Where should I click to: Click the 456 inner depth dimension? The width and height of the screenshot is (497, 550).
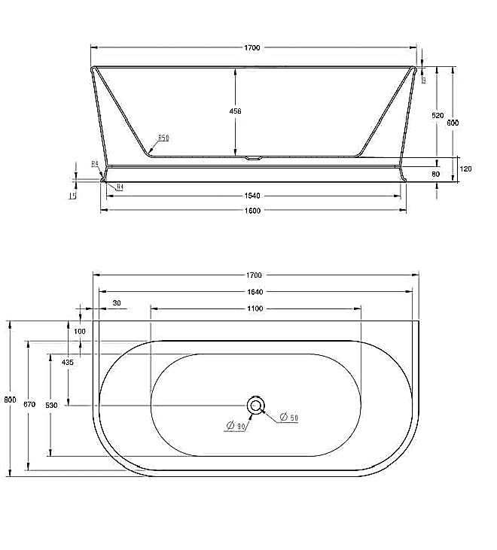(235, 111)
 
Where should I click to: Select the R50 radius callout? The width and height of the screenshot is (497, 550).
(163, 138)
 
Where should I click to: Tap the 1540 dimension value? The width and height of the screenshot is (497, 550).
(252, 196)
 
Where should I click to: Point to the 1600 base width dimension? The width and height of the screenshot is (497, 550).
(252, 211)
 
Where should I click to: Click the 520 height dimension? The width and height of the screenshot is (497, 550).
(438, 116)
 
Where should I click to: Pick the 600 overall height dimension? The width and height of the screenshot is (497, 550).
(453, 123)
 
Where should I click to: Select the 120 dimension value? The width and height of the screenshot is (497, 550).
(465, 169)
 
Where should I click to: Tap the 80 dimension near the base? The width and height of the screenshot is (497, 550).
(436, 175)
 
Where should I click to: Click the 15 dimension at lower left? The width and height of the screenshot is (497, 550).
(73, 196)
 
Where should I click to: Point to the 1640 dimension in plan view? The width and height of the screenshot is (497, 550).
(255, 291)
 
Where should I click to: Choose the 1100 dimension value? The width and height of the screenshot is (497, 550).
(255, 308)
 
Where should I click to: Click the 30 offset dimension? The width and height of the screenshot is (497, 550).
(116, 303)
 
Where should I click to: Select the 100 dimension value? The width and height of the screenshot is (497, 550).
(80, 331)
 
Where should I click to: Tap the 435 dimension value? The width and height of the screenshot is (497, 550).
(68, 362)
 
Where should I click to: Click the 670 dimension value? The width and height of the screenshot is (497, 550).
(29, 404)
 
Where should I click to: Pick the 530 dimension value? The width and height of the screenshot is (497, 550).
(50, 405)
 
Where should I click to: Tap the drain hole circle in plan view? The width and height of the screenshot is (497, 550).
(256, 406)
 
